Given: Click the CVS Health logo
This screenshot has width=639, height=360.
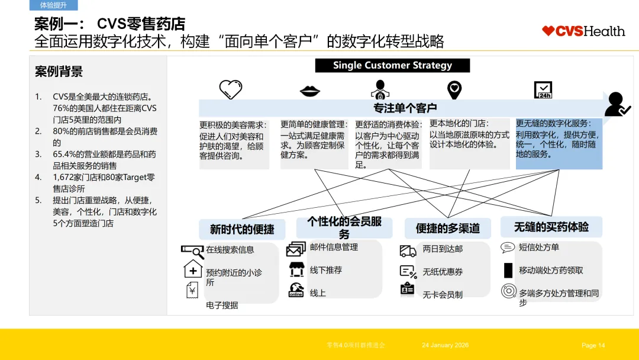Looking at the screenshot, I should (583, 31).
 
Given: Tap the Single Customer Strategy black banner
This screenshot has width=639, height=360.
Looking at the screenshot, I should (392, 66).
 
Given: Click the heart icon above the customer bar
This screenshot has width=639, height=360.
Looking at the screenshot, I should (231, 89).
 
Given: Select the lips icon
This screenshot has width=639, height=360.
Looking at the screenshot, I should (310, 91).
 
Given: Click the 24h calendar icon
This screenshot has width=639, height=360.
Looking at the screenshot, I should (543, 89).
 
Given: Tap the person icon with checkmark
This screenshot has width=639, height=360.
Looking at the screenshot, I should (617, 104).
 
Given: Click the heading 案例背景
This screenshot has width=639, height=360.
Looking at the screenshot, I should (59, 72).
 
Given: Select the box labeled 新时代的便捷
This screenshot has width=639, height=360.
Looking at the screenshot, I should (243, 229).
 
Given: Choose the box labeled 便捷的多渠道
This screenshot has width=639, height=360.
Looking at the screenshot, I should (447, 229).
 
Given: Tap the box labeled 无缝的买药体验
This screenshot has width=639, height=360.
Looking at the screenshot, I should (551, 227).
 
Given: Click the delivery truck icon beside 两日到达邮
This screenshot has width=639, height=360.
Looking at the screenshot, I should (408, 251).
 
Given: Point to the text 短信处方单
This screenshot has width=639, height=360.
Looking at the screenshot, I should (538, 247).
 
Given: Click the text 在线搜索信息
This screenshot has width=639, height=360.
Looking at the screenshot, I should (230, 250).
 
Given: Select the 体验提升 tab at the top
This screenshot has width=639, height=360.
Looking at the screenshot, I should (53, 5).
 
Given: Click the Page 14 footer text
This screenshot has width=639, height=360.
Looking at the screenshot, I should (593, 345).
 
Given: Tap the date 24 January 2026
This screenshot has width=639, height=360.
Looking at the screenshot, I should (445, 345).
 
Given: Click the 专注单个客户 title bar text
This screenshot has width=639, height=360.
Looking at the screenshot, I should (405, 108).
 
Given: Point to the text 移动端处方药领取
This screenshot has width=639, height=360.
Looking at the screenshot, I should (551, 271).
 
